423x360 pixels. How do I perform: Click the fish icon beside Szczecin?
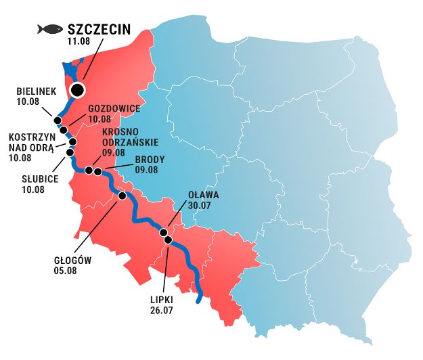49,29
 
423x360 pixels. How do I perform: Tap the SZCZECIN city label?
99,29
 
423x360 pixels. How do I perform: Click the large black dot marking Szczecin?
78,89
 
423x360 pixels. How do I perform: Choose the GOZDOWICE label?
114,108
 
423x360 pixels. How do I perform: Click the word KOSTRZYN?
27,137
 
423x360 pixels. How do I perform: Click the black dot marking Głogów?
122,196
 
